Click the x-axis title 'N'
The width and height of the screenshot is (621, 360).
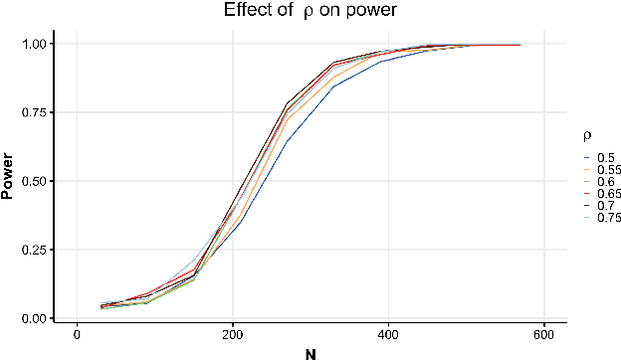(x=310, y=351)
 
